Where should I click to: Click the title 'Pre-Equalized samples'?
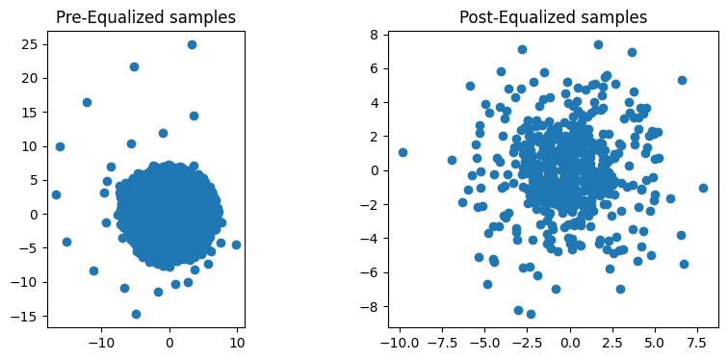[x=145, y=17]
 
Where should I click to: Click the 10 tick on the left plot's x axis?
[x=238, y=342]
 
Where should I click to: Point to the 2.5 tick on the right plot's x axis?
[x=612, y=342]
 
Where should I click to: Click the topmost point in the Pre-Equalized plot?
[x=192, y=44]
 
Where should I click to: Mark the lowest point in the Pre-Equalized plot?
[x=136, y=314]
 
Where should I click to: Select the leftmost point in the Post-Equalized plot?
[x=403, y=152]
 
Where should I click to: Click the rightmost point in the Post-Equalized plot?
[x=703, y=189]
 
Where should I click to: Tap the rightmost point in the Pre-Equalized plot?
[x=236, y=244]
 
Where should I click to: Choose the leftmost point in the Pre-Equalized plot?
[x=56, y=194]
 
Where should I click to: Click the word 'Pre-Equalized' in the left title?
[x=107, y=17]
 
